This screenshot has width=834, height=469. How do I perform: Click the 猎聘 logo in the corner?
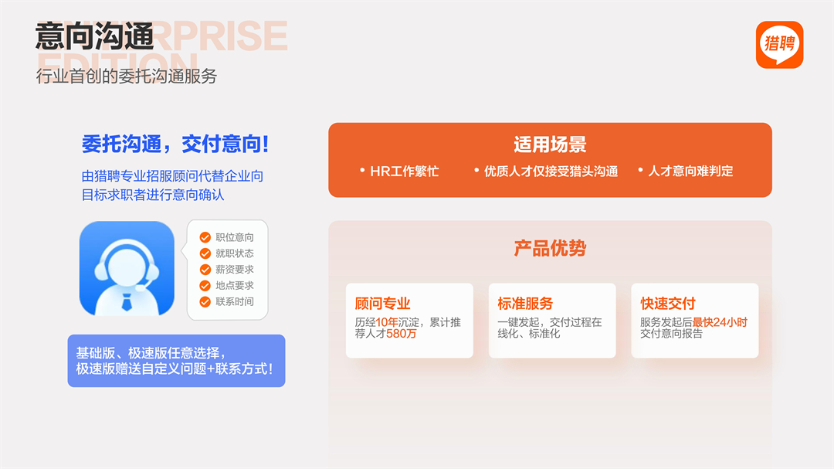pos(779,45)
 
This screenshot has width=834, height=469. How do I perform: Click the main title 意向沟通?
pos(95,36)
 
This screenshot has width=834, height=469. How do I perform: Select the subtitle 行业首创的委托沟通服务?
pos(127,76)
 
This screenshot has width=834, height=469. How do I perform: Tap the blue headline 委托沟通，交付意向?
pos(175,144)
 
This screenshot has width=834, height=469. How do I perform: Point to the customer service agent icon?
pos(127,268)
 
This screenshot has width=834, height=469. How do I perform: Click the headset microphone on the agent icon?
pos(141,288)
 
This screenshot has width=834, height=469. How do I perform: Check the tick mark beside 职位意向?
pos(205,237)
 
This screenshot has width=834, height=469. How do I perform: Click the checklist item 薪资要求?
pos(235,270)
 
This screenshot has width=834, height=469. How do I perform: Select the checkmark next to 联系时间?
pos(205,302)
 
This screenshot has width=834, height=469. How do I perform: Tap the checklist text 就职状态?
pos(235,253)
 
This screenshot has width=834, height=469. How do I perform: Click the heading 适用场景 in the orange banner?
pos(550,144)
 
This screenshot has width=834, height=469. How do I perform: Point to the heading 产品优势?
pos(550,248)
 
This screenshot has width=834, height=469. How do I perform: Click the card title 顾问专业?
pos(382,304)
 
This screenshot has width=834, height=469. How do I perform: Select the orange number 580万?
pos(402,334)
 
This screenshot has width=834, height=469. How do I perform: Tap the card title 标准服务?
pos(525,304)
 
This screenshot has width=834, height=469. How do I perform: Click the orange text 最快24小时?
pos(720,322)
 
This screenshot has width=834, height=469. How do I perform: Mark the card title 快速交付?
pos(667,304)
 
